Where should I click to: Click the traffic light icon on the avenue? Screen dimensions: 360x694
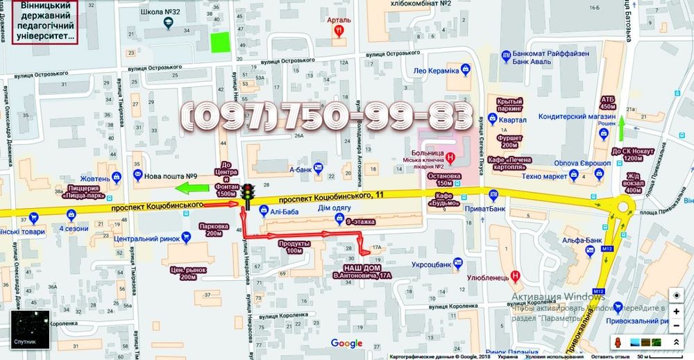(246, 195)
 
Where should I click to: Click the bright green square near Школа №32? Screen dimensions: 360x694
(220, 42)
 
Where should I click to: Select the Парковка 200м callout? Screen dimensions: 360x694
(211, 229)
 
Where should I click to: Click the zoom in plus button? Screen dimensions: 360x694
(676, 311)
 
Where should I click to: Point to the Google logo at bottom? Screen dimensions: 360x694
(346, 343)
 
